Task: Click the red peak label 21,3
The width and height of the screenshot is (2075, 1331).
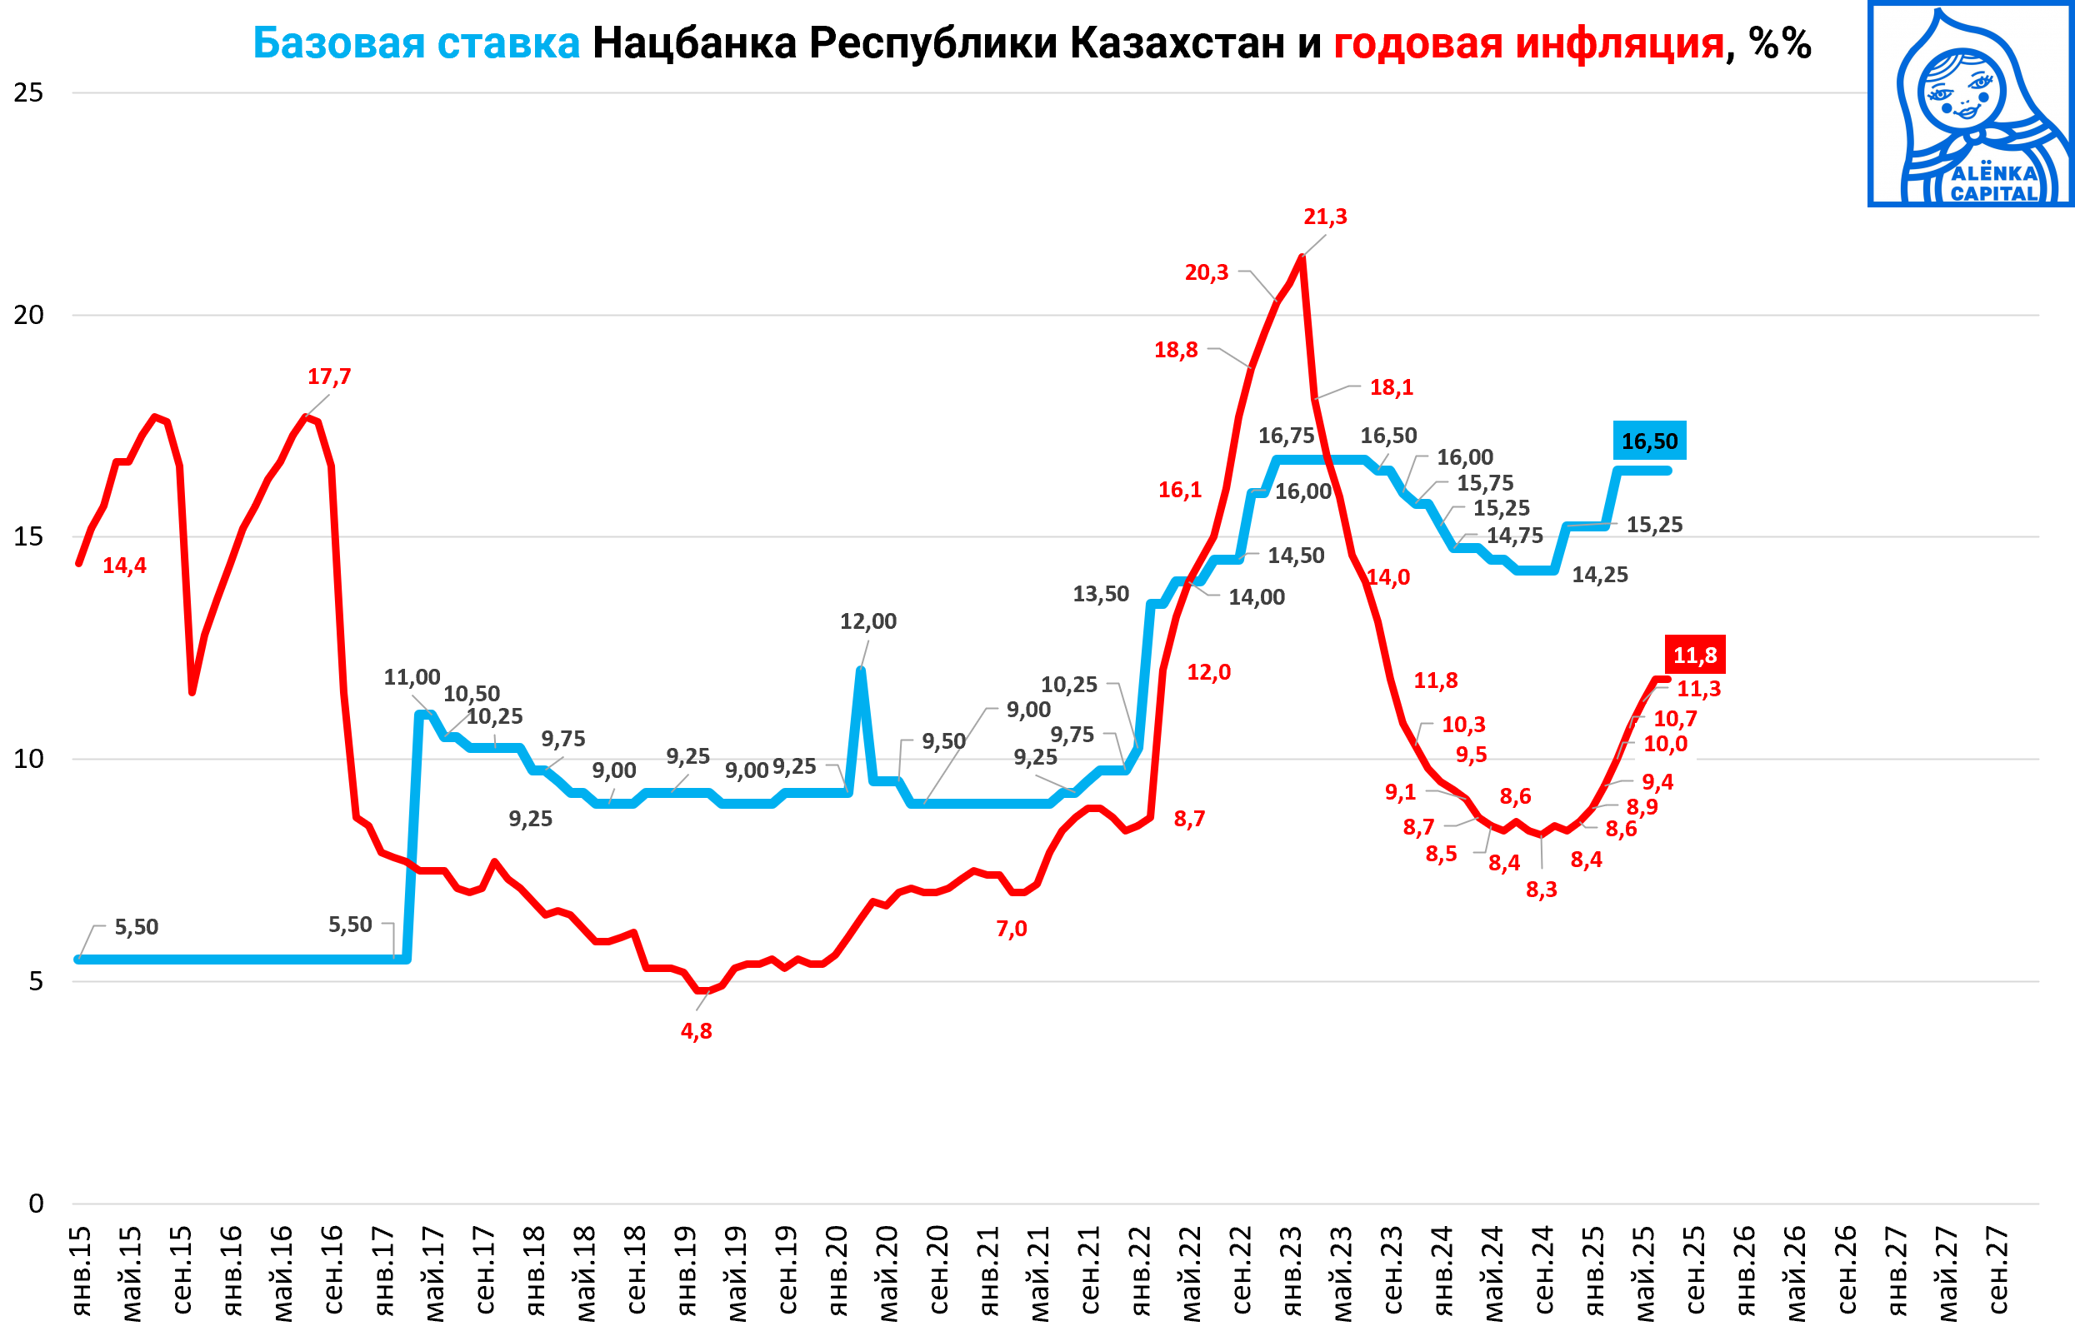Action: click(x=1324, y=217)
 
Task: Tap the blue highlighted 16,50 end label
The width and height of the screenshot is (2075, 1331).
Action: click(x=1649, y=441)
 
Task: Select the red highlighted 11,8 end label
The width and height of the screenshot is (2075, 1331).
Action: click(x=1695, y=656)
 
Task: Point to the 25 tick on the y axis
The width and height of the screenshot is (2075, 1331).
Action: click(x=28, y=92)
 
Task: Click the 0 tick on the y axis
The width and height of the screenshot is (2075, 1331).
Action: click(x=36, y=1203)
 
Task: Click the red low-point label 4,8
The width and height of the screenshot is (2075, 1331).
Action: click(x=696, y=1031)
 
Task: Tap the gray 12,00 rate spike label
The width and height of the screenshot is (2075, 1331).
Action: click(x=868, y=621)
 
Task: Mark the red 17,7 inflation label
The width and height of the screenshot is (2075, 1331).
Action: click(x=329, y=376)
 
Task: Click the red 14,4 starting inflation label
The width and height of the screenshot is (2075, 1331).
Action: click(x=124, y=566)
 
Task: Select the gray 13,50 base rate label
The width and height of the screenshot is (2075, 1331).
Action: click(x=1101, y=594)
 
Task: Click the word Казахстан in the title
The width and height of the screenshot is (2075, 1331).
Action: click(x=1177, y=43)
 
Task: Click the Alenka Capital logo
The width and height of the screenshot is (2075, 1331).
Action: click(x=1972, y=104)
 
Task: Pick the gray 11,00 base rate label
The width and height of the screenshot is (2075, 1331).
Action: click(x=412, y=678)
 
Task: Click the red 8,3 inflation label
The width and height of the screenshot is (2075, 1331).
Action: click(x=1542, y=890)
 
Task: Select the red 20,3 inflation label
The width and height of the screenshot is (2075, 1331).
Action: click(x=1206, y=273)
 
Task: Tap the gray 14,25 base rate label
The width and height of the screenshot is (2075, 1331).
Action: click(x=1599, y=575)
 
